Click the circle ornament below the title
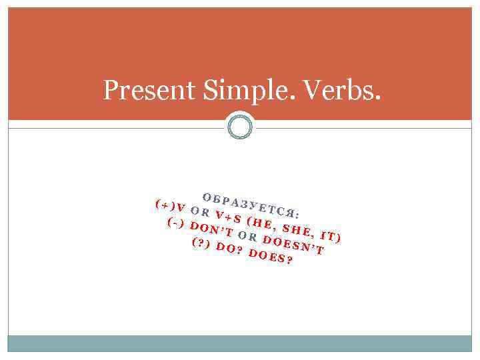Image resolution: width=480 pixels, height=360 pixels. click(239, 125)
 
